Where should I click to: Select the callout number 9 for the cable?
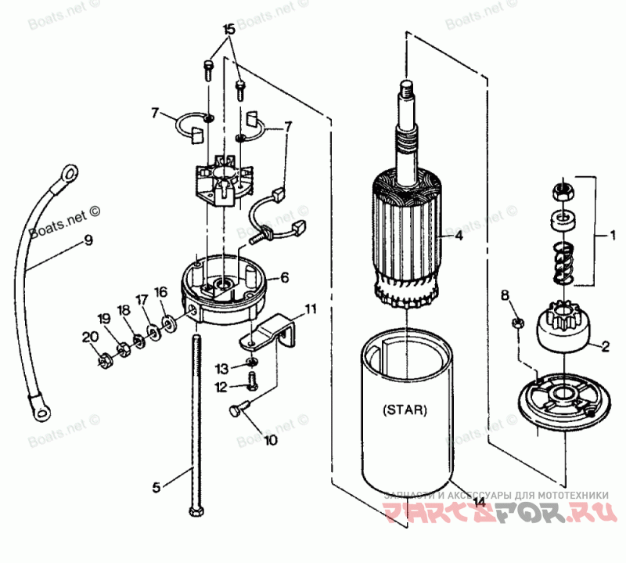click(x=88, y=240)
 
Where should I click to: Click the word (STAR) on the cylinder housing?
click(x=406, y=409)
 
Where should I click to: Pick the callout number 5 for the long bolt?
click(x=156, y=487)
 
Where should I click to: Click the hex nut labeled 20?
click(x=103, y=361)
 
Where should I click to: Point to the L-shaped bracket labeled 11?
click(x=270, y=333)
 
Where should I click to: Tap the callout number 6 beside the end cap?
click(x=284, y=277)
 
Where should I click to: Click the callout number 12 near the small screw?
click(x=223, y=386)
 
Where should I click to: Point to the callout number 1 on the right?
click(x=613, y=234)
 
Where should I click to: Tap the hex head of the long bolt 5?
click(x=195, y=512)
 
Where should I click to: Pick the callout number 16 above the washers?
click(x=160, y=292)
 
